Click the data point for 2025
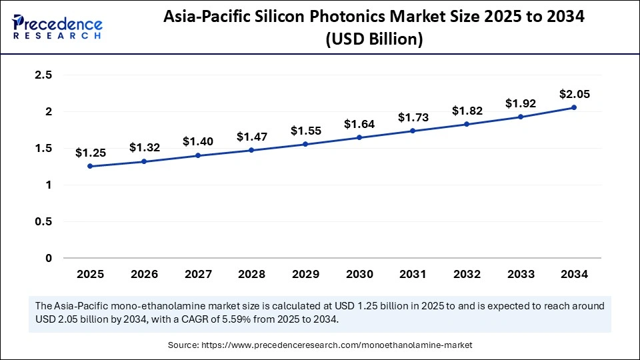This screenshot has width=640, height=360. coord(90,167)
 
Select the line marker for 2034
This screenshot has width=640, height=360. coord(574,107)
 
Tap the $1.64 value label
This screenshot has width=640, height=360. coord(359,123)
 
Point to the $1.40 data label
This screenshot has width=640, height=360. coord(197,141)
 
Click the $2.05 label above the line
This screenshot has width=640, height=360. coord(574,93)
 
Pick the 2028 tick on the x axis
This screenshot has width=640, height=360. coord(251,274)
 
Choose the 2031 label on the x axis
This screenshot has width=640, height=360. coord(413,274)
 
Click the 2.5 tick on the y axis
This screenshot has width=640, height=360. coord(43,75)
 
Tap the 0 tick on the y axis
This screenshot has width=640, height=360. coord(49,258)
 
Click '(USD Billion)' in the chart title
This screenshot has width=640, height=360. coord(374,40)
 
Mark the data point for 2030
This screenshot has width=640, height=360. coord(359,137)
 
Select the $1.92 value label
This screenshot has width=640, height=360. coord(520,103)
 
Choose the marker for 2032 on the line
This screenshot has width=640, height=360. coord(467,124)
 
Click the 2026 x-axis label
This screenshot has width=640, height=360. coord(143,274)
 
